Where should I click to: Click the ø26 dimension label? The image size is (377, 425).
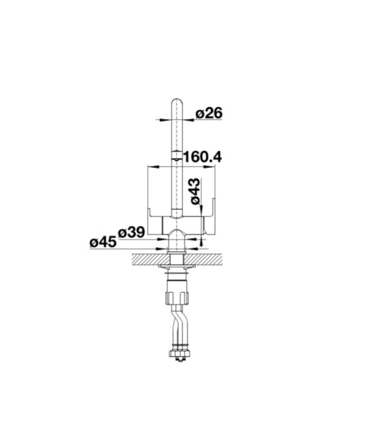pos(208,113)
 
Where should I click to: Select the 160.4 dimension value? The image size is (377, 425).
pos(203,157)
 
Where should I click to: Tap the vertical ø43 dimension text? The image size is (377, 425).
pos(195,191)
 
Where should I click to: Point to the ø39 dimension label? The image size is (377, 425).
pos(131,232)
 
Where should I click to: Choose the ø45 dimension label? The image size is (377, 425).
pos(103,242)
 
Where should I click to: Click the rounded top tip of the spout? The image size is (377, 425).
pos(177,99)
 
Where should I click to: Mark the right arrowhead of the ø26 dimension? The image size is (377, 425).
pos(189,119)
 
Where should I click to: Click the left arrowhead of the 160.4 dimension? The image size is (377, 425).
pos(153,167)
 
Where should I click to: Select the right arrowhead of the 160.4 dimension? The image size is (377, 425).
pos(209,167)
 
